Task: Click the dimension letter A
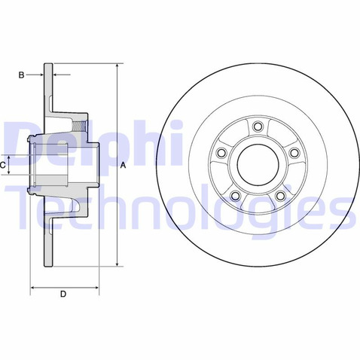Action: tap(123, 165)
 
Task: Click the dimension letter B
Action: tap(22, 75)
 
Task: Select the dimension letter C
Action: tap(2, 165)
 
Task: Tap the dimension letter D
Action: tap(63, 294)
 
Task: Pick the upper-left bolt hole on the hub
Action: tap(221, 153)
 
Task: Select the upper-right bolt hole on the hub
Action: tap(294, 153)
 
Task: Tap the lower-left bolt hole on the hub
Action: tap(236, 195)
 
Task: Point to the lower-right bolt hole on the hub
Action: tap(280, 195)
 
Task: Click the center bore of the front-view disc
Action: tap(258, 165)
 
